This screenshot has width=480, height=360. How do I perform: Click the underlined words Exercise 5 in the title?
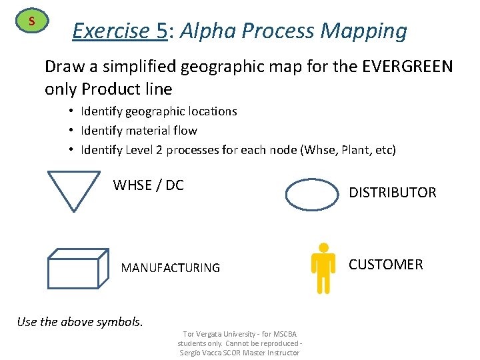pyautogui.click(x=119, y=31)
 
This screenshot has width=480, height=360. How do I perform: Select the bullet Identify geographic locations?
pyautogui.click(x=159, y=111)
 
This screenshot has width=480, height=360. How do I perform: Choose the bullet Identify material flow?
pyautogui.click(x=139, y=131)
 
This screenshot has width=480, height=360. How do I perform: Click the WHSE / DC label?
pyautogui.click(x=148, y=185)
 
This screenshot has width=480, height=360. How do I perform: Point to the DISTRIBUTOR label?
pyautogui.click(x=393, y=193)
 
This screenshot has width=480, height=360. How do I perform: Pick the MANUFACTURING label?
pyautogui.click(x=170, y=268)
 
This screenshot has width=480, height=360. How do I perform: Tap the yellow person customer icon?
pyautogui.click(x=323, y=267)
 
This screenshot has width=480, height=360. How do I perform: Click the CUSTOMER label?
pyautogui.click(x=385, y=265)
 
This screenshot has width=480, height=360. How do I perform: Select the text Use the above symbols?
pyautogui.click(x=79, y=322)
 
